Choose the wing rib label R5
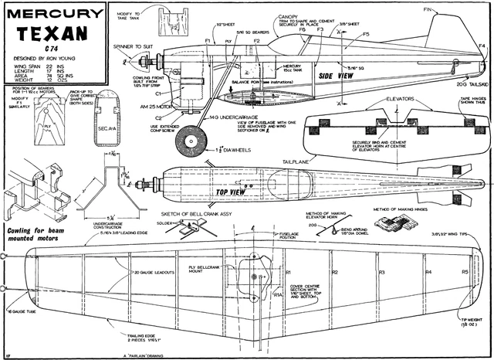pyautogui.click(x=465, y=273)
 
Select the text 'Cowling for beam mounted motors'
pyautogui.click(x=41, y=235)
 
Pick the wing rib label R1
pyautogui.click(x=287, y=273)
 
